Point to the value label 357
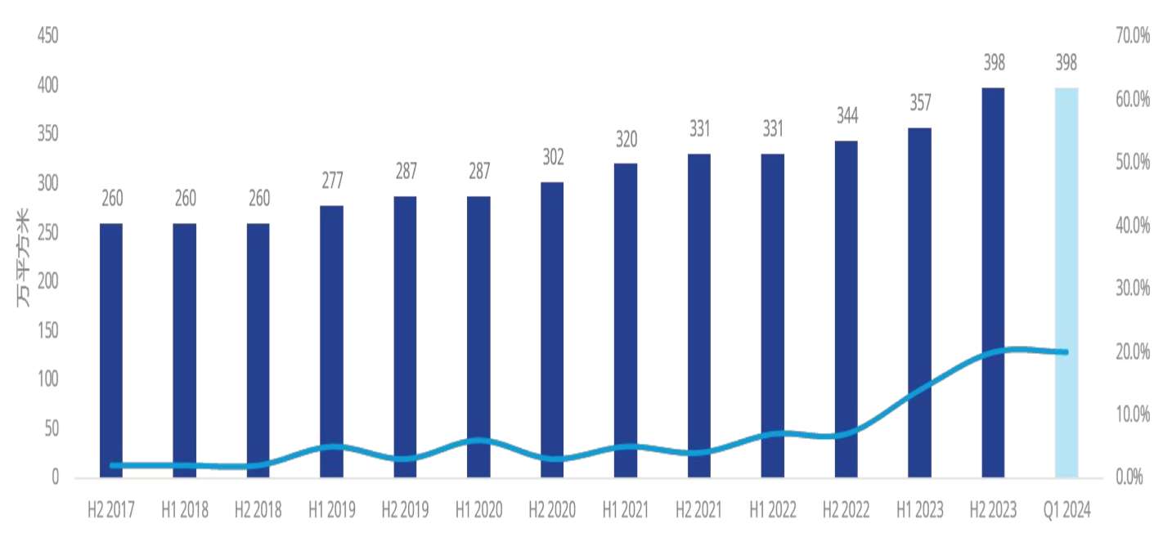919,104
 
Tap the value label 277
331,180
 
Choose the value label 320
626,139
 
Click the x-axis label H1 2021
626,510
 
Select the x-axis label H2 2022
846,510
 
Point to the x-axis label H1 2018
184,510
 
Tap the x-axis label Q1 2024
1066,510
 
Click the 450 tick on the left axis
48,37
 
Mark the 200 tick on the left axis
48,281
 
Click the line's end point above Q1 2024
1066,352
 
